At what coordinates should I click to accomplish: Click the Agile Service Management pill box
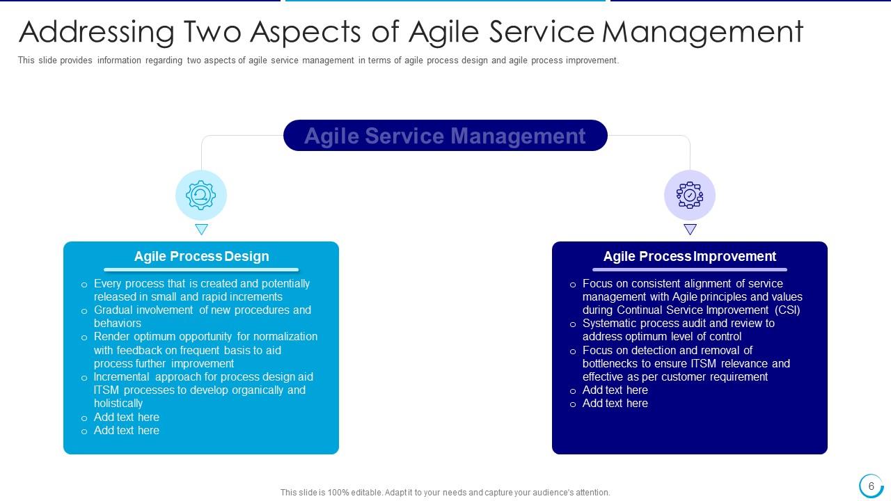coord(445,136)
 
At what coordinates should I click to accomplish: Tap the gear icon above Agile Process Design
coord(201,196)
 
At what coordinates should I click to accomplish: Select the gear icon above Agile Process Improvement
coord(689,196)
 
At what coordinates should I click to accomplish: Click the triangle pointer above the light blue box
coord(201,229)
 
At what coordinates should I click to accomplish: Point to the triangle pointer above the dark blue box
coord(690,229)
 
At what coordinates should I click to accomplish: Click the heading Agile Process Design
coord(201,256)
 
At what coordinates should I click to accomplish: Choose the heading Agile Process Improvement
coord(689,256)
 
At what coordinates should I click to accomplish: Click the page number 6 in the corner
coord(871,486)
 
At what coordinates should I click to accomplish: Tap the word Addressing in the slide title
coord(96,32)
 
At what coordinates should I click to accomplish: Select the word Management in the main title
coord(702,32)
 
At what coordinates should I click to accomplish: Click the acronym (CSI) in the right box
coord(787,310)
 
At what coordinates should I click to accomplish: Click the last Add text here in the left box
coord(127,430)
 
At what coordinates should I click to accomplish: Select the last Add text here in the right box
coord(615,403)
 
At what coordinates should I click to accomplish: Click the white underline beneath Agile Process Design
coord(201,269)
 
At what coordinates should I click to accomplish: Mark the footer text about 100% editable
coord(445,492)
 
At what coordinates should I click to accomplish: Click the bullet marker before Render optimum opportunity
coord(84,337)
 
